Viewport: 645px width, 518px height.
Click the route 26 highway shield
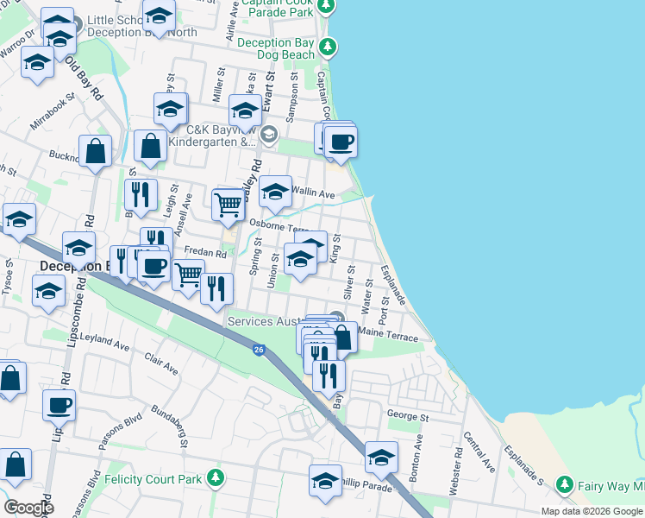(x=259, y=350)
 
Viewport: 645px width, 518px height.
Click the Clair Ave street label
(x=161, y=364)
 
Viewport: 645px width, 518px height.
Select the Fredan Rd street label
(x=205, y=254)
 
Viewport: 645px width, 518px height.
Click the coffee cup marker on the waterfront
(x=341, y=142)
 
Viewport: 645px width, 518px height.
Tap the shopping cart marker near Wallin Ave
(x=228, y=205)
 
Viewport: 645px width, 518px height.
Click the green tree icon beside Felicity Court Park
(x=216, y=477)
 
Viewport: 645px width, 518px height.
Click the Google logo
(x=28, y=508)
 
